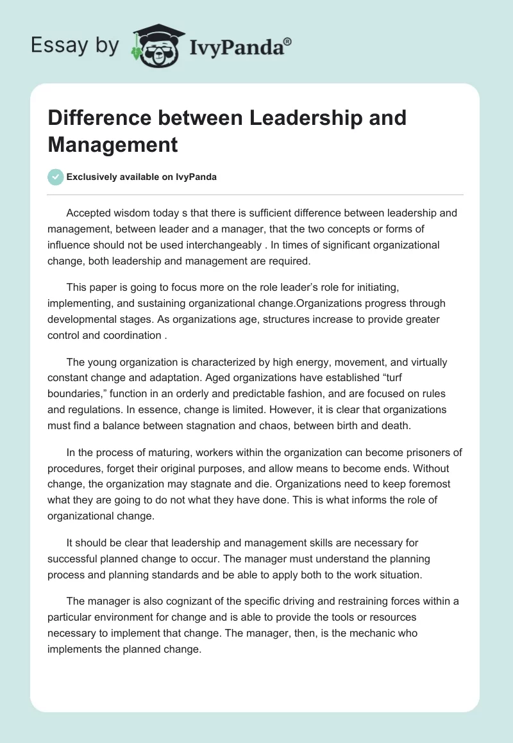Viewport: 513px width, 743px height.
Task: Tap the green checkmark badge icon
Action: [x=56, y=177]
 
